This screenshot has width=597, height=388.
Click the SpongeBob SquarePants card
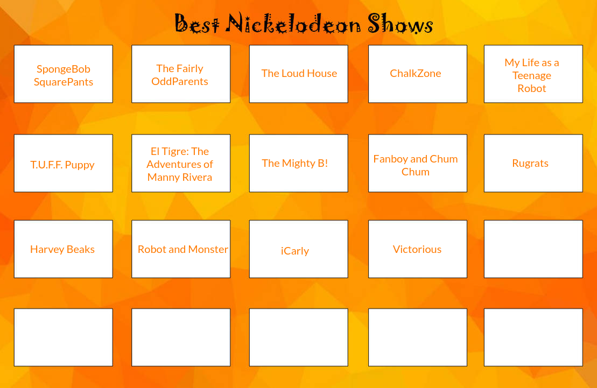click(x=63, y=74)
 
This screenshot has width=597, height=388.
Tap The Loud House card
click(x=299, y=74)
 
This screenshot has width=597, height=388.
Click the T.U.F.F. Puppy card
click(x=63, y=164)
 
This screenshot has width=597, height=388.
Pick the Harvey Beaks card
click(x=63, y=249)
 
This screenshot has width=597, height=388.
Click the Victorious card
click(x=417, y=249)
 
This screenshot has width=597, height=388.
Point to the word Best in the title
click(x=197, y=24)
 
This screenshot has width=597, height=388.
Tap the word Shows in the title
click(x=401, y=24)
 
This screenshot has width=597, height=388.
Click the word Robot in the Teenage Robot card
click(x=532, y=89)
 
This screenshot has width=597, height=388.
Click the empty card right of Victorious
click(x=533, y=249)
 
